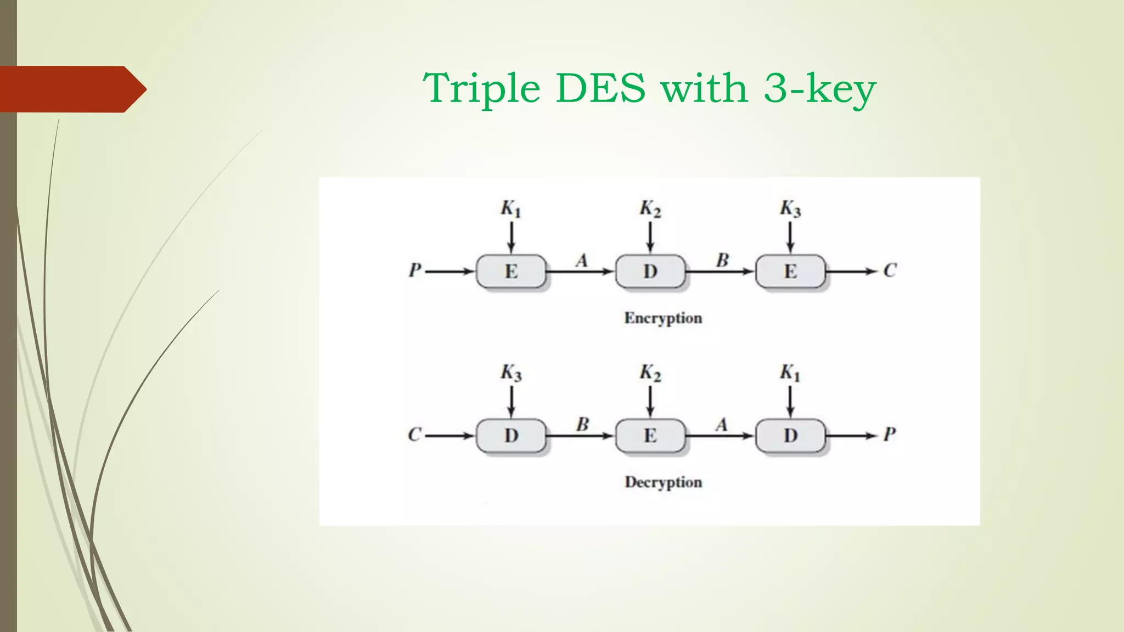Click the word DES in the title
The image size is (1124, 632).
[600, 88]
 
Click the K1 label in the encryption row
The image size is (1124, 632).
[510, 209]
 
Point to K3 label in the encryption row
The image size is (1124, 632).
[790, 209]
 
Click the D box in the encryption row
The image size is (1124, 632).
[650, 271]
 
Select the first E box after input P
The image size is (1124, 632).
[511, 271]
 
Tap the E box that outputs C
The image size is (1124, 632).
[790, 271]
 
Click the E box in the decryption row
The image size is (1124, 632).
[650, 436]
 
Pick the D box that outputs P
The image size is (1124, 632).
[790, 436]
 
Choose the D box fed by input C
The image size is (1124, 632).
[511, 436]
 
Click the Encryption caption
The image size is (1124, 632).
[663, 318]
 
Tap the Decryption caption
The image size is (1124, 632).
[663, 482]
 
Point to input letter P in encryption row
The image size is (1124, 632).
[415, 270]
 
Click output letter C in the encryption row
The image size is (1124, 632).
[890, 270]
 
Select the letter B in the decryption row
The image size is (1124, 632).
[582, 424]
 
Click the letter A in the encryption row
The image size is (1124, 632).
[582, 260]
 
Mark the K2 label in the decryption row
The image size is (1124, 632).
[650, 373]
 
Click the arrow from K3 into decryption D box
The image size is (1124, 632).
[511, 402]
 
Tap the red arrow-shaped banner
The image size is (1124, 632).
[71, 89]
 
